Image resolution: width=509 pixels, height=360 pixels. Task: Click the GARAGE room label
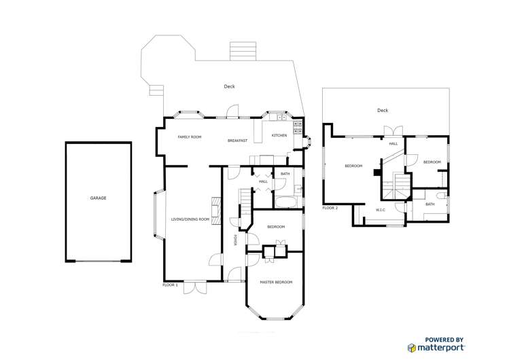tap(98, 198)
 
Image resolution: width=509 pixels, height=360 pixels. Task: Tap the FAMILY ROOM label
tap(190, 137)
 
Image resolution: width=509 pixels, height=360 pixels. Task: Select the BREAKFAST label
tap(237, 141)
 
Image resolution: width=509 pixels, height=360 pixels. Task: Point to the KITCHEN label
tap(279, 135)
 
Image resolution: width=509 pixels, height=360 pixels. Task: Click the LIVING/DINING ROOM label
tap(190, 219)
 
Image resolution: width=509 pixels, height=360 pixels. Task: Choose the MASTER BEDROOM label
tap(276, 282)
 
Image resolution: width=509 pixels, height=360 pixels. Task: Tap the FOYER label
tap(235, 240)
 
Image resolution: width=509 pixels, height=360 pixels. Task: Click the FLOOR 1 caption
tap(170, 285)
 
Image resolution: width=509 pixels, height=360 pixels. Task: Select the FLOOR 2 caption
tap(330, 208)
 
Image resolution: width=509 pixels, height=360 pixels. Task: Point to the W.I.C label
tap(381, 210)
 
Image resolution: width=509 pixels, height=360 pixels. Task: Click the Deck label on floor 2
tap(383, 110)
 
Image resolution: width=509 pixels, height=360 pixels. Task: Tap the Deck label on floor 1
tap(229, 86)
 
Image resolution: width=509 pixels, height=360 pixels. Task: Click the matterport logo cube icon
tap(412, 348)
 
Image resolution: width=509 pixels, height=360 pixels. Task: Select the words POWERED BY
tap(444, 340)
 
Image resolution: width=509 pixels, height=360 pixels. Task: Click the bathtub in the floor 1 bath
tap(286, 202)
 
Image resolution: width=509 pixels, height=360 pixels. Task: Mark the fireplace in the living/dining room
tap(216, 211)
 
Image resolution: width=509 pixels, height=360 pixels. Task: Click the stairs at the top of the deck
tap(243, 51)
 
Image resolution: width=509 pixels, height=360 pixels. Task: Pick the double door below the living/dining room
tap(195, 288)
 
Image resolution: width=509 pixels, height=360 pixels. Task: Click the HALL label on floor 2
tap(393, 143)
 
